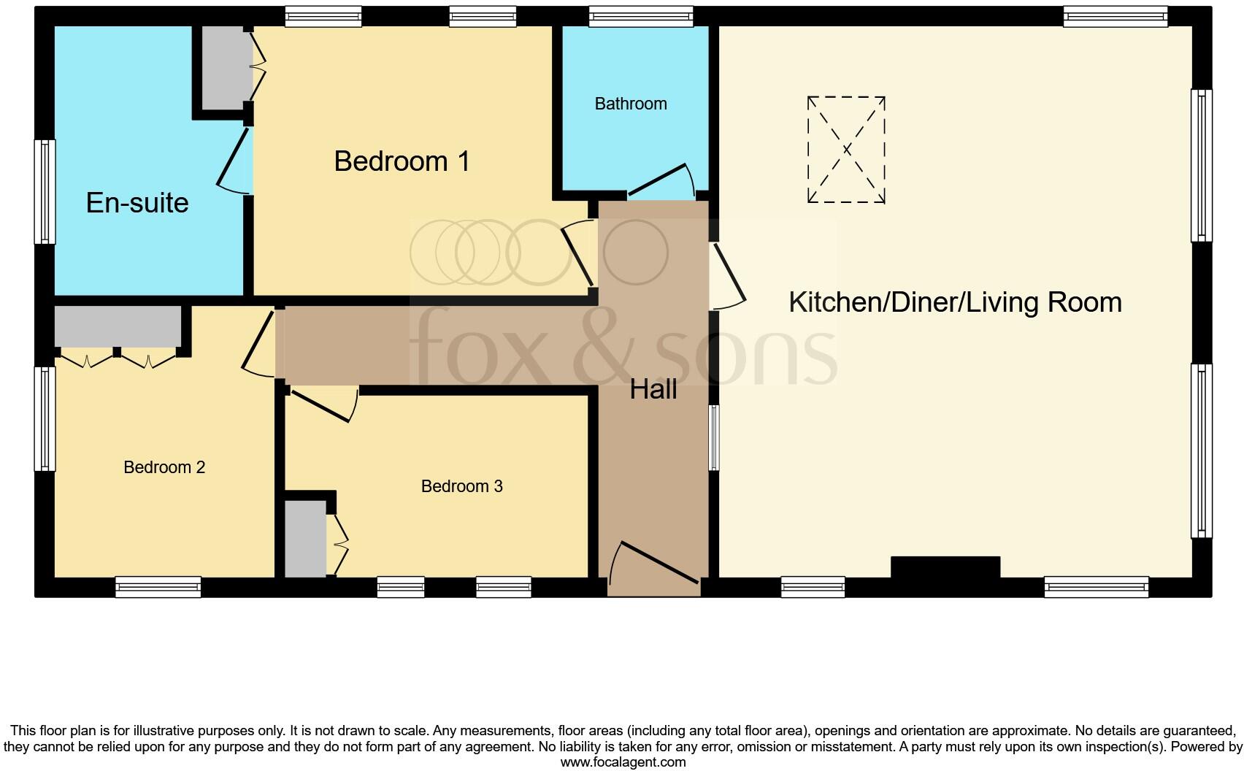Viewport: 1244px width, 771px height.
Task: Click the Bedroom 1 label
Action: click(402, 161)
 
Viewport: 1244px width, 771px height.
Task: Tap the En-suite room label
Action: click(137, 203)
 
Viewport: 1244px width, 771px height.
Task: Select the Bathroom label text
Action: click(631, 104)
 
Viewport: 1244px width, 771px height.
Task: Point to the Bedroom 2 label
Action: click(164, 467)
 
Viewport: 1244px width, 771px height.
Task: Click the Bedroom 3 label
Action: click(462, 486)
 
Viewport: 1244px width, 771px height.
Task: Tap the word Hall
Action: click(653, 390)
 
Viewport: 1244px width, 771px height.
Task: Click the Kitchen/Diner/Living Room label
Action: click(955, 302)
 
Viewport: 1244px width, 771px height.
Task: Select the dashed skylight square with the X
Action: click(846, 150)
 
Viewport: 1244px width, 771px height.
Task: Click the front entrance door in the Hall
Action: click(655, 564)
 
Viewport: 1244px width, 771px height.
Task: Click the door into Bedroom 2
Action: click(259, 343)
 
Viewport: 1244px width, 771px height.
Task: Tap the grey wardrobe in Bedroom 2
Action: click(118, 326)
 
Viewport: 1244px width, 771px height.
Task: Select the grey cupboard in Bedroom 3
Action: click(305, 539)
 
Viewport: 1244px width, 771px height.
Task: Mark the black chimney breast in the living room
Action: click(945, 567)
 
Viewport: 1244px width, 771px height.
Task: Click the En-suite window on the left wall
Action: click(45, 192)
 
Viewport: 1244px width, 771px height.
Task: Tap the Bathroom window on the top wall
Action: click(641, 16)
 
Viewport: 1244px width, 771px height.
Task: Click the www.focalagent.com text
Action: click(623, 762)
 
